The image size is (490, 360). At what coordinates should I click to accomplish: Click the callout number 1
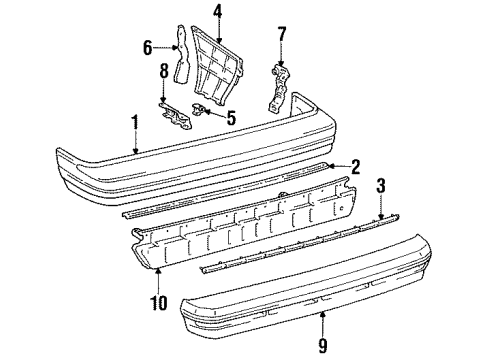133,124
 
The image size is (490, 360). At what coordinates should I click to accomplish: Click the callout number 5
231,117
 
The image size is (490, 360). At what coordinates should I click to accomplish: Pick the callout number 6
148,46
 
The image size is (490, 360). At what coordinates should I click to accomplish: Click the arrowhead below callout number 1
133,151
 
